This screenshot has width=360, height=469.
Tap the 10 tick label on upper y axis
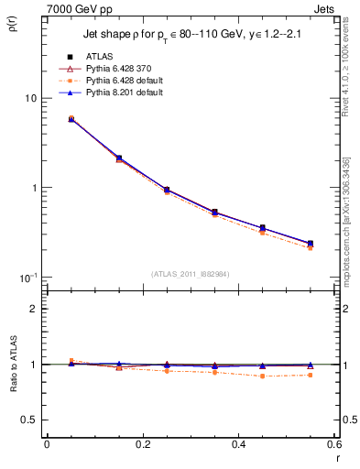pos(30,98)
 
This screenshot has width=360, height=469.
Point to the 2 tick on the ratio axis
pos(33,309)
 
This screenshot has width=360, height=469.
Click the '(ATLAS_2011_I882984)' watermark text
pos(191,274)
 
